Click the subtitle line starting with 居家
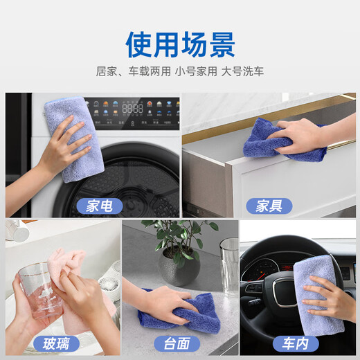(180, 71)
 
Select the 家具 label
(269, 205)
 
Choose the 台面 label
(179, 343)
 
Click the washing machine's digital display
(133, 110)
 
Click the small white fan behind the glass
(107, 284)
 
